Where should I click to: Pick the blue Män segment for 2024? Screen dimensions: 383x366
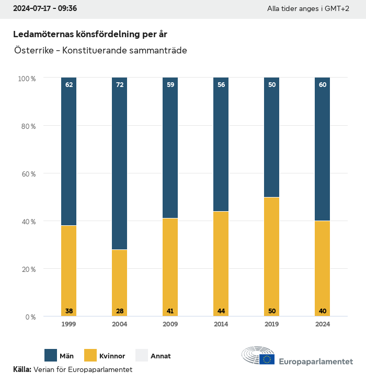click(x=322, y=149)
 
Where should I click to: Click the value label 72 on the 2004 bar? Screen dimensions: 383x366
click(x=120, y=84)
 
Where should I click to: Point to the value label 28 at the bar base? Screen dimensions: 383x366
click(x=120, y=311)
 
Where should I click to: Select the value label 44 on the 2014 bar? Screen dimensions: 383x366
click(x=221, y=311)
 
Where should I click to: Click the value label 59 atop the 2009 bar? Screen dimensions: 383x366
click(x=170, y=84)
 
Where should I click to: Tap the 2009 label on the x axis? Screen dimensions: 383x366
click(x=170, y=324)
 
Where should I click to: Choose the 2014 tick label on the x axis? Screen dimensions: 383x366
click(x=221, y=324)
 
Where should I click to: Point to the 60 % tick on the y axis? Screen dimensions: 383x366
click(x=27, y=174)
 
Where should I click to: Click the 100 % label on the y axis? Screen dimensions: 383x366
click(x=26, y=79)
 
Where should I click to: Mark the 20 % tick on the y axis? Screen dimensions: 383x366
click(x=27, y=269)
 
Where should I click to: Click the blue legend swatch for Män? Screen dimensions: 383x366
click(x=51, y=355)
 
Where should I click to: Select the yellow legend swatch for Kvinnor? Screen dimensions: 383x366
click(x=90, y=355)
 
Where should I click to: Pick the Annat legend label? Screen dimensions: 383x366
click(x=161, y=356)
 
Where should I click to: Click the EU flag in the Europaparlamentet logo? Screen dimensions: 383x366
click(x=267, y=359)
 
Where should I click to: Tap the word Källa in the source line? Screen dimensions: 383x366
click(x=22, y=369)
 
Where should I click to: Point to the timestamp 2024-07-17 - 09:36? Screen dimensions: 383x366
click(x=45, y=8)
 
